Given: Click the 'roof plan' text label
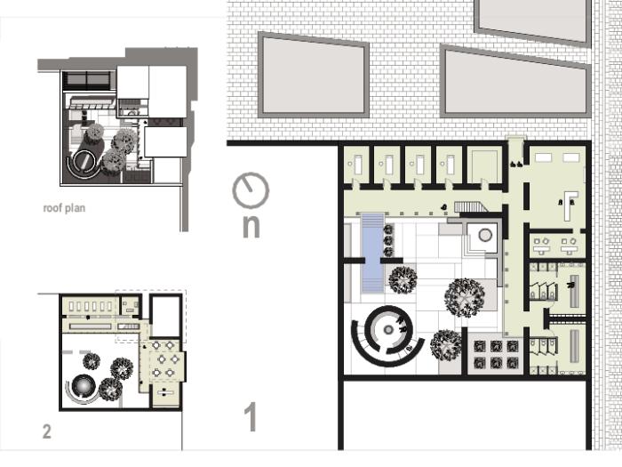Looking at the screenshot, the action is (64, 208).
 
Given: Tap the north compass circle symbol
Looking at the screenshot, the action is (251, 190).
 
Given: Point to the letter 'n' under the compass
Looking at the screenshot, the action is (251, 227).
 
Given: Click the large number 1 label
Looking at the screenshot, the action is (251, 416).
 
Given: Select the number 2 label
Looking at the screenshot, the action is (47, 431).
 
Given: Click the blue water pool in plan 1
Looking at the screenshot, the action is (373, 253).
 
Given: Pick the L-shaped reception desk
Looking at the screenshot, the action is (570, 205).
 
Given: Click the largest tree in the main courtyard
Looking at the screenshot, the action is (465, 297).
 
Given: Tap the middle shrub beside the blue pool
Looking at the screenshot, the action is (388, 241).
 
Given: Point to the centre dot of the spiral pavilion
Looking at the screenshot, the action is (388, 330).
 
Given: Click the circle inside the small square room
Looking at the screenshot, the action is (485, 235).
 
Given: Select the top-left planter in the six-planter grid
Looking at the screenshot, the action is (480, 347).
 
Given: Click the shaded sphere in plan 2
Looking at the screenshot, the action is (83, 385).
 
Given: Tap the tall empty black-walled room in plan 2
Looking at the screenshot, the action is (166, 317).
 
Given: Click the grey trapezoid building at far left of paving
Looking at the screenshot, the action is (314, 75).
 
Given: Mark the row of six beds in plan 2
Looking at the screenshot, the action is (91, 307).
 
